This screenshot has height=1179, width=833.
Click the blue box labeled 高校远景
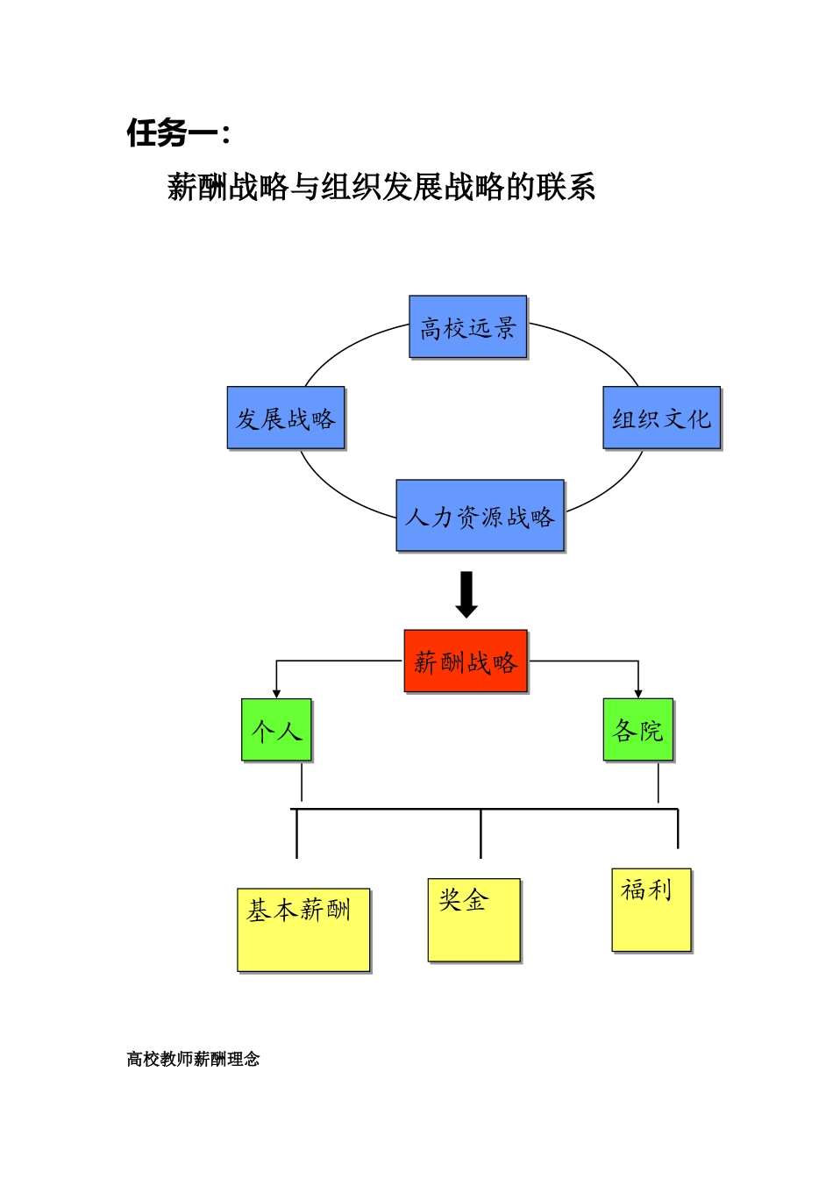468,327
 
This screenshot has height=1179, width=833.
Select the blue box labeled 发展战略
286,418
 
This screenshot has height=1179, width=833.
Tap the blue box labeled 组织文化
662,418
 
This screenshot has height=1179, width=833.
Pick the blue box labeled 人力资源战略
480,516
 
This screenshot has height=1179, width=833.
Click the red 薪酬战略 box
466,661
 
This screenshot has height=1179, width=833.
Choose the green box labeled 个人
276,730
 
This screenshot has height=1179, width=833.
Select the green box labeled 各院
638,730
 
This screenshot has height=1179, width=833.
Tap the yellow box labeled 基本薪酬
303,930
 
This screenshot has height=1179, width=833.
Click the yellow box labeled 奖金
473,919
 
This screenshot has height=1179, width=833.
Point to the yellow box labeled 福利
651,910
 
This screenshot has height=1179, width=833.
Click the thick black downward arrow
466,594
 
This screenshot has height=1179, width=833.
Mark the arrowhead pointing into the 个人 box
276,694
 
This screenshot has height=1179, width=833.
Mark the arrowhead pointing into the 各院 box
638,694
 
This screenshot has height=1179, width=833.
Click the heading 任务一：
179,133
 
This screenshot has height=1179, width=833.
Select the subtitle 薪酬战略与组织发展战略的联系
381,187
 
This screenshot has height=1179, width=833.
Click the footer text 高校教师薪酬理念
193,1059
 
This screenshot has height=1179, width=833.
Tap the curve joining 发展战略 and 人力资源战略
338,492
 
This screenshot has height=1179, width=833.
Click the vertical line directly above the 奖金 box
481,833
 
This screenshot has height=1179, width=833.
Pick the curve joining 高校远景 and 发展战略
346,346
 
